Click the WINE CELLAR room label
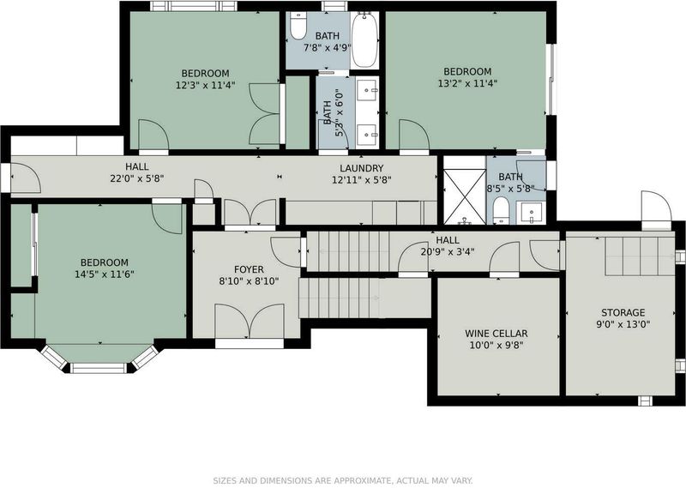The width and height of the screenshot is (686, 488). tap(496, 334)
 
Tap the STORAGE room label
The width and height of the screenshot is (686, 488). tap(623, 312)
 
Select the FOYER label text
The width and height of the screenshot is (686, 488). tap(249, 269)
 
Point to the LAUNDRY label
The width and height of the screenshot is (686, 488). tap(362, 168)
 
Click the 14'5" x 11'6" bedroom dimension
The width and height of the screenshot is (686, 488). tap(105, 274)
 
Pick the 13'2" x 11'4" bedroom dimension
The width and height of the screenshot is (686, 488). tap(467, 83)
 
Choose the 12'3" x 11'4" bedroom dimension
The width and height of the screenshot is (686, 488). tap(206, 85)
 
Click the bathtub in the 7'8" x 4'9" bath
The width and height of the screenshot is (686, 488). tap(364, 39)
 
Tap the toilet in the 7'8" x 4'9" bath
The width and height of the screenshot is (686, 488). tap(298, 26)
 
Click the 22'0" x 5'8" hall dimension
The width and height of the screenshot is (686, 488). tap(137, 178)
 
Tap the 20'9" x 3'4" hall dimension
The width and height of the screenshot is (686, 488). tap(448, 251)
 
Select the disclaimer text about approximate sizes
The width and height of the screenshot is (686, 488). tap(343, 480)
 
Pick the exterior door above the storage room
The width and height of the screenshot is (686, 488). tap(656, 209)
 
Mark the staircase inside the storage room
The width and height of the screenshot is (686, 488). tap(640, 256)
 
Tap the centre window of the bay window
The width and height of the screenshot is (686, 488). tap(99, 368)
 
